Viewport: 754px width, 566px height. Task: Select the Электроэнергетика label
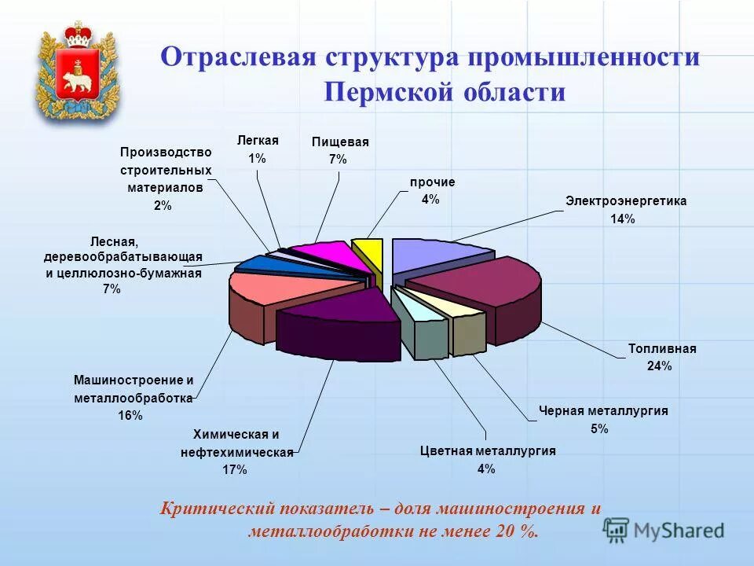625,200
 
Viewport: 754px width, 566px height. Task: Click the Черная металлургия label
603,410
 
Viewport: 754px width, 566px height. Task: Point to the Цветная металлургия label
487,450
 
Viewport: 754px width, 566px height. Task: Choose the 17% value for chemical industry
235,470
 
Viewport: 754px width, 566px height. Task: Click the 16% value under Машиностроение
130,415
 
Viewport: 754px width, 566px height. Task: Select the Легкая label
258,140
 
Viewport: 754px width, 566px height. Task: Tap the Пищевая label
339,141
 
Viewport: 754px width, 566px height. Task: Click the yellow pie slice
368,252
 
